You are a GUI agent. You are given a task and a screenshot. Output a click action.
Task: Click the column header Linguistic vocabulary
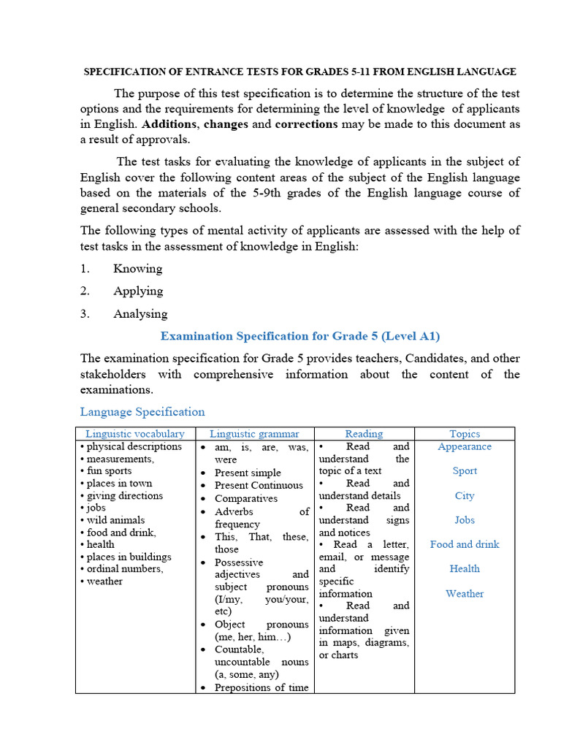click(135, 434)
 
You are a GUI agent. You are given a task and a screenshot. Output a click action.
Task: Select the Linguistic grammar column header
click(254, 434)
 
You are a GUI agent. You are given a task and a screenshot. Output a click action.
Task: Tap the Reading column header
click(364, 434)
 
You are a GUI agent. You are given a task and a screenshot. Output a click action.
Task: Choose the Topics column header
click(465, 434)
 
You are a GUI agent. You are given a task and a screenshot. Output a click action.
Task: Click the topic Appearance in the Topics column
click(465, 446)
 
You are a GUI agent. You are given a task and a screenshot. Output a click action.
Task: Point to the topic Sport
click(465, 471)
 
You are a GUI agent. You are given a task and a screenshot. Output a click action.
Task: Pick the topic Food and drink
click(465, 544)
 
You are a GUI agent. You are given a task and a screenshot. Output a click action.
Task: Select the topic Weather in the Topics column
click(465, 594)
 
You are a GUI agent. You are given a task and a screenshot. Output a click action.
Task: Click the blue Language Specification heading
click(142, 411)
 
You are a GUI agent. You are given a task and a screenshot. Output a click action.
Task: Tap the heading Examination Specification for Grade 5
click(300, 336)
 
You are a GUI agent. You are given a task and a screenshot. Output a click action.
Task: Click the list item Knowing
click(138, 268)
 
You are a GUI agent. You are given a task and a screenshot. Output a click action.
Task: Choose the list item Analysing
click(140, 314)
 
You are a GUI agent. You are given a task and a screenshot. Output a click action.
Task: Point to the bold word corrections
click(306, 124)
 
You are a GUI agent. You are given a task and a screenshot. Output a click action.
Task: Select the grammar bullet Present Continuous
click(259, 485)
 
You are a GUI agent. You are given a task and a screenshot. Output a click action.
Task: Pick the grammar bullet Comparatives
click(246, 498)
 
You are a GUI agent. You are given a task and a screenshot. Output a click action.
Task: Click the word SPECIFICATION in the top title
click(125, 72)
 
